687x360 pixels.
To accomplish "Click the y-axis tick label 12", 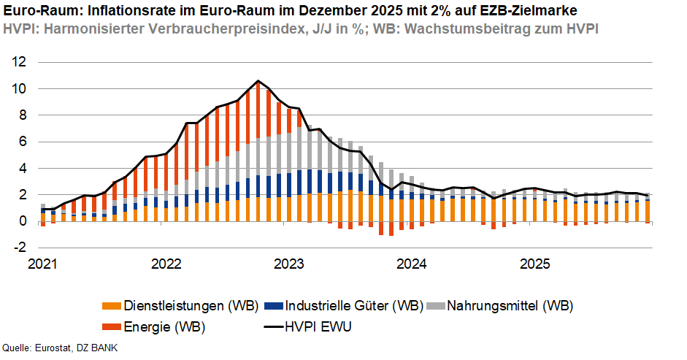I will (x=18, y=62).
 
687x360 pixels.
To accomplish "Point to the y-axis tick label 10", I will (x=18, y=88).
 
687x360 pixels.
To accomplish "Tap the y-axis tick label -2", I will (x=20, y=248).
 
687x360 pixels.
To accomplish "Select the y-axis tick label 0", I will (x=22, y=221).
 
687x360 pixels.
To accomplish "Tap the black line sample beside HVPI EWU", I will (x=268, y=326).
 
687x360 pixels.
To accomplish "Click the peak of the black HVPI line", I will (x=258, y=81).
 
